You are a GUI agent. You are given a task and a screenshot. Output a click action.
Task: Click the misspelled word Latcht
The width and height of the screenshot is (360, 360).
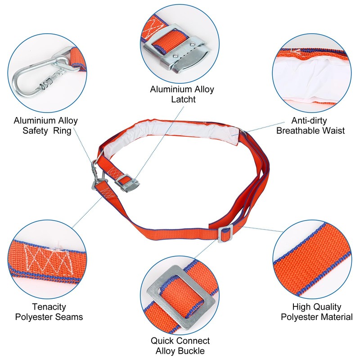coord(184,99)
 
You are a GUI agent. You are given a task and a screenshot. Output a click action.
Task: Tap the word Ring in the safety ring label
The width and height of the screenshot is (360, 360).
coord(62,131)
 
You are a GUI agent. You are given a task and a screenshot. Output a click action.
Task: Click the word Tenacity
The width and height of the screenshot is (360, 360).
coord(49,307)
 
